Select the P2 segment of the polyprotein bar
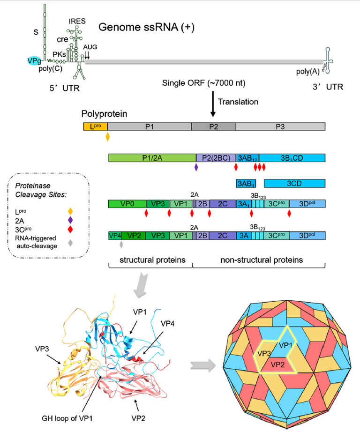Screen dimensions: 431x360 point(213,126)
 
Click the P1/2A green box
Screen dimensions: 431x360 point(152,158)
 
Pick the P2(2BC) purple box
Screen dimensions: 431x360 point(216,158)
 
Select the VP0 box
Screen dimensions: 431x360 point(127,204)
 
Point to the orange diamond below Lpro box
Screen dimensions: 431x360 point(108,137)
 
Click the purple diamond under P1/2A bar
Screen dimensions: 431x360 point(196,167)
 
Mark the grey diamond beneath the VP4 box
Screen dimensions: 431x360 point(121,244)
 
